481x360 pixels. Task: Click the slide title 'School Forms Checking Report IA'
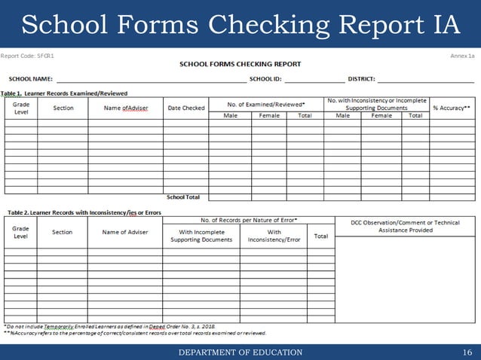pos(240,24)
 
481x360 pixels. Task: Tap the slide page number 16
pos(467,352)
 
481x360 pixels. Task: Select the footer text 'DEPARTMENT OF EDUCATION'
pos(240,352)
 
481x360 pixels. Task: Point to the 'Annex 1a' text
pos(462,56)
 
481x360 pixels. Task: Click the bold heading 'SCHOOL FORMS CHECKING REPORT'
pos(240,64)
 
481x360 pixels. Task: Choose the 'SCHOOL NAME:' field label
pos(30,78)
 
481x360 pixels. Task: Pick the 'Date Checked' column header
pos(185,108)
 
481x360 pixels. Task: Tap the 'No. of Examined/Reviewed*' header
pos(266,103)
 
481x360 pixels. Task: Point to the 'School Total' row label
pos(183,197)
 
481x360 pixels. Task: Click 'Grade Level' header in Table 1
pos(21,108)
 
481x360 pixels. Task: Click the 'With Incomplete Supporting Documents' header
pos(201,236)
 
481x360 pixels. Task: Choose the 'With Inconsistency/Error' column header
pos(274,236)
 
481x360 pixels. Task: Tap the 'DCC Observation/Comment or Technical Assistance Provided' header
pos(405,227)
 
